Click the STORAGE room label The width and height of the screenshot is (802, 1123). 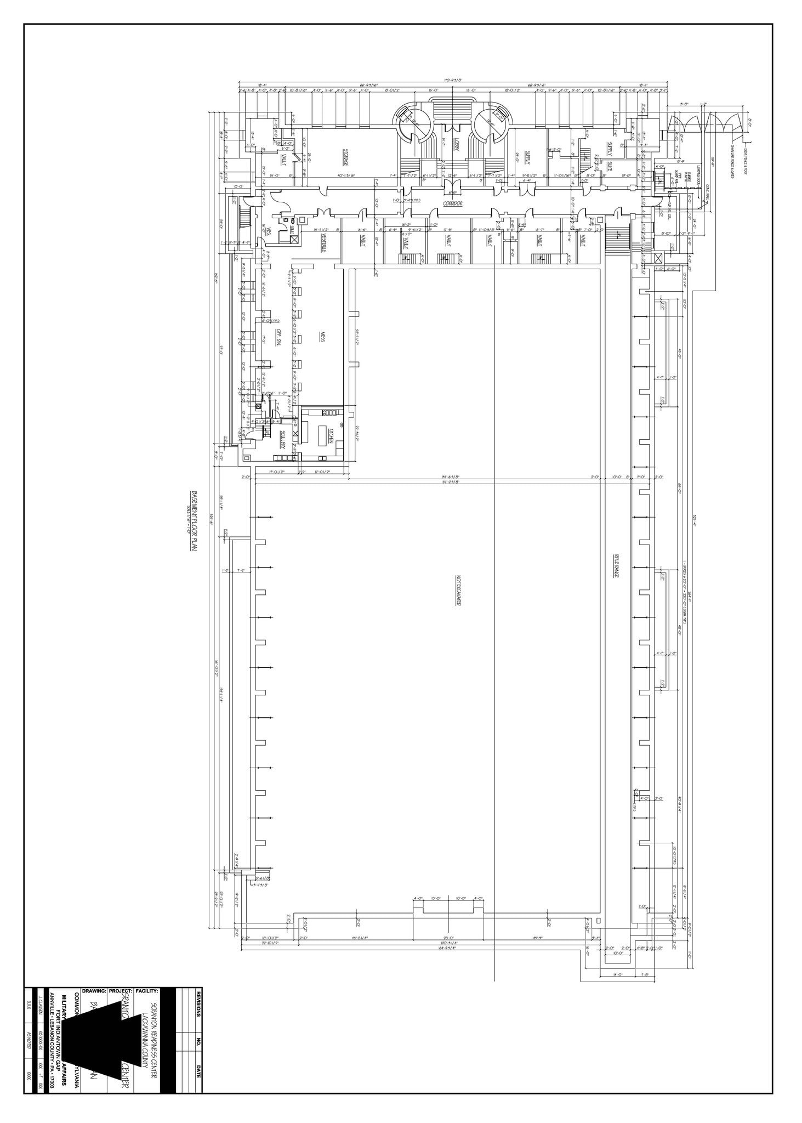pyautogui.click(x=346, y=157)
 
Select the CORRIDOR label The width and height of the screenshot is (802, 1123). pyautogui.click(x=453, y=203)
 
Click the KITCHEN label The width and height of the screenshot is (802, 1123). pyautogui.click(x=332, y=436)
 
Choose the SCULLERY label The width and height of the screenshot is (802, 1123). pyautogui.click(x=283, y=439)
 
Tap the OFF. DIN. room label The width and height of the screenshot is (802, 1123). pyautogui.click(x=278, y=336)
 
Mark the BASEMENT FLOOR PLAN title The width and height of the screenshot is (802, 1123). pyautogui.click(x=193, y=524)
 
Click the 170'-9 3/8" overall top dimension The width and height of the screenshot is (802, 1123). pyautogui.click(x=453, y=81)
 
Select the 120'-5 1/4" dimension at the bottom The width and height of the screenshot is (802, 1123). pyautogui.click(x=449, y=943)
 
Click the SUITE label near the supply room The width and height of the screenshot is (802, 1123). pyautogui.click(x=609, y=165)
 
